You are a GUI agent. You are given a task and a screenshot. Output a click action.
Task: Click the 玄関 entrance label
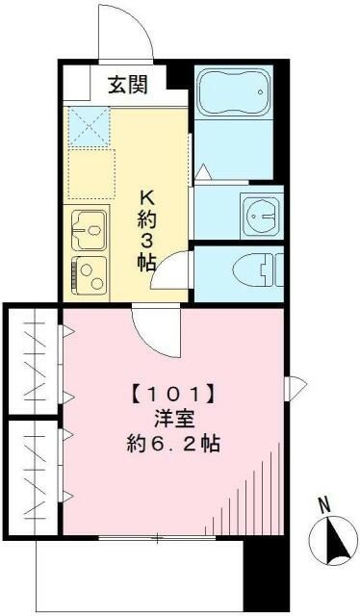coord(127,85)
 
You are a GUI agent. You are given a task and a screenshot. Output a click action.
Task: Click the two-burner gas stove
coord(89,273)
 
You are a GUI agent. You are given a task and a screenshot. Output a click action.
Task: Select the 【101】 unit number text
coord(171,394)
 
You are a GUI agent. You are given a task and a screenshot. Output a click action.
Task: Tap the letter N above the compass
coord(325,504)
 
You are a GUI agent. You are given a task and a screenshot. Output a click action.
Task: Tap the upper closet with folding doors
coord(33,361)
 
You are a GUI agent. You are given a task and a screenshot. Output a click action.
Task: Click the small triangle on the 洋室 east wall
coord(298,387)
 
